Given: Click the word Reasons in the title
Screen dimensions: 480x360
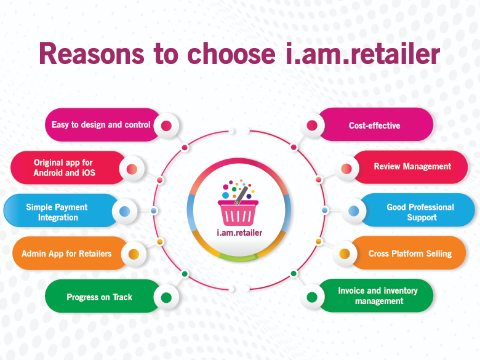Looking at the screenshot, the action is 92,54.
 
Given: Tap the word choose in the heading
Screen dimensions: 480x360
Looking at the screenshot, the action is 231,54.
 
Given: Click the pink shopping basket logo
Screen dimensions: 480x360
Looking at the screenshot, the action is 238,203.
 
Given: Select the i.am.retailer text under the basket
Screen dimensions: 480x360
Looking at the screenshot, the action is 239,233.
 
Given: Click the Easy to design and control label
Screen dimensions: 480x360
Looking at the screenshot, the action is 101,125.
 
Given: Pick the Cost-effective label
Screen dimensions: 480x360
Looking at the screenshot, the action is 374,126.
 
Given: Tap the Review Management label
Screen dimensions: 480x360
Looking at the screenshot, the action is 412,167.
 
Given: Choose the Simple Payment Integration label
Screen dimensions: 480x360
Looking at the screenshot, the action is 57,212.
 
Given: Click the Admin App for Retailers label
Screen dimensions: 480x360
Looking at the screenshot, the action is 66,254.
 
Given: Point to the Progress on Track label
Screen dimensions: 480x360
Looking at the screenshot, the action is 100,297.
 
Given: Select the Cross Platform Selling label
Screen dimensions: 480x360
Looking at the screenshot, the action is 410,254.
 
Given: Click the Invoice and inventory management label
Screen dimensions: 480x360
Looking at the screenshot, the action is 378,296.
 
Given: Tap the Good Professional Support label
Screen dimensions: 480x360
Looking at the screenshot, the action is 420,212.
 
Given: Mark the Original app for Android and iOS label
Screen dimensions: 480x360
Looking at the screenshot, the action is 64,167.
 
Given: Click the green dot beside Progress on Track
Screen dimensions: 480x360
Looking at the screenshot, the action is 166,297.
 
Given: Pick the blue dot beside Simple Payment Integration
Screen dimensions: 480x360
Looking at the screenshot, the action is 124,211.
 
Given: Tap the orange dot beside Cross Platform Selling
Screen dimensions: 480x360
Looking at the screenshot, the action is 345,254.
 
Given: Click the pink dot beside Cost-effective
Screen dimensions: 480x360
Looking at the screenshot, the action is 312,125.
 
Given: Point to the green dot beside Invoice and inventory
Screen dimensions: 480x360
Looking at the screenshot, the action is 312,297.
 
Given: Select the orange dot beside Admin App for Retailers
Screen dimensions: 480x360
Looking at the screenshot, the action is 134,254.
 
